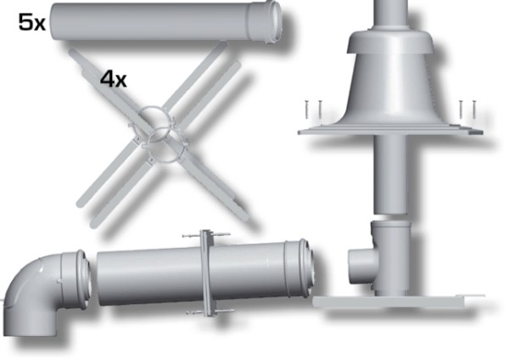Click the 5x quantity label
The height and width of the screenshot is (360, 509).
(x=32, y=23)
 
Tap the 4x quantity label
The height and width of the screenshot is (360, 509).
(x=113, y=79)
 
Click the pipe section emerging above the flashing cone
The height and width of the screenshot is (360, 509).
(x=389, y=13)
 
